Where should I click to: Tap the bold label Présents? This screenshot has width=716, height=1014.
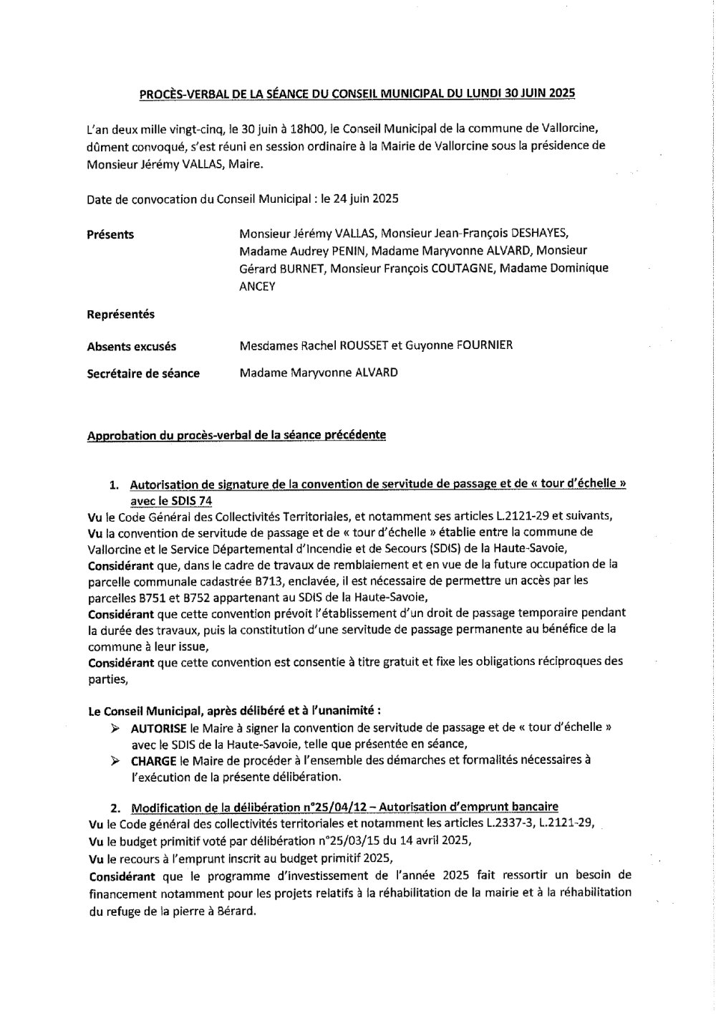point(110,234)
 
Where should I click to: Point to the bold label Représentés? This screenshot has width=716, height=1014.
point(120,315)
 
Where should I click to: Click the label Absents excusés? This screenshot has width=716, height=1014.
point(131,347)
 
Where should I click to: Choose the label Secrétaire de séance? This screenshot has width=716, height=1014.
point(143,373)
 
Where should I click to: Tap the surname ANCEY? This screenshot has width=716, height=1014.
point(257,286)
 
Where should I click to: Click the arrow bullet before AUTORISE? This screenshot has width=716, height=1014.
point(116,727)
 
